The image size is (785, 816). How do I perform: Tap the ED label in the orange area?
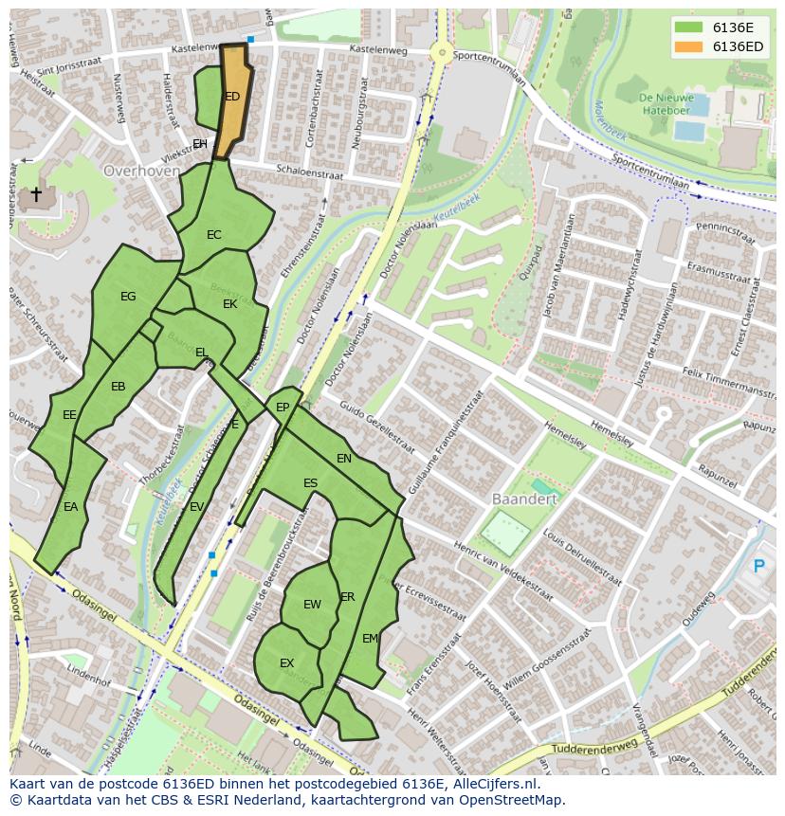pos(232,97)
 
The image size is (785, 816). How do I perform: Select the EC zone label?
pos(214,235)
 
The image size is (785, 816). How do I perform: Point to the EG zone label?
pos(128,297)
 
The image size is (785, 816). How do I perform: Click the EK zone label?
pos(230,304)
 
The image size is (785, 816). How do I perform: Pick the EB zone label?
pos(118,387)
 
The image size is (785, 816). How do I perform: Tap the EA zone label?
pos(71,507)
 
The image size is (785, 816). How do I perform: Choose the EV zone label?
pos(196,507)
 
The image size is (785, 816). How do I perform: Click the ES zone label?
pos(310,483)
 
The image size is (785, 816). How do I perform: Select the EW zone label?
pos(312,605)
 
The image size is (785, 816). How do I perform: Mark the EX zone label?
pos(286,663)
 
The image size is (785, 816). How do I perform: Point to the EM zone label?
pos(370,639)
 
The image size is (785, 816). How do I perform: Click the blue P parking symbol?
pos(758,567)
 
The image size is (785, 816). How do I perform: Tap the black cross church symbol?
pos(36,195)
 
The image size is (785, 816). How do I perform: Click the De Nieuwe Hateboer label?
pos(666,103)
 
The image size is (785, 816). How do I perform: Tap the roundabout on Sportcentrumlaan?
pos(440,53)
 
